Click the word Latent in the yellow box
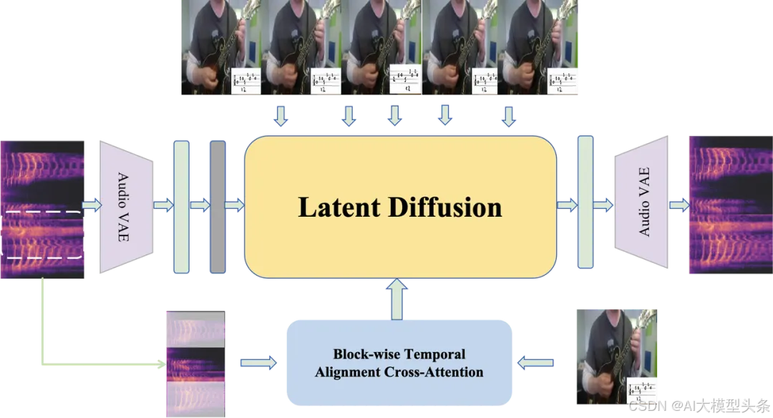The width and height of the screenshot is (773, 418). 339,208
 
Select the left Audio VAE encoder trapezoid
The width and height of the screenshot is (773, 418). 127,206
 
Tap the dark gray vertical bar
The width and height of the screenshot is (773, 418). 217,206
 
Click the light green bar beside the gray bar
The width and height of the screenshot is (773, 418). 182,206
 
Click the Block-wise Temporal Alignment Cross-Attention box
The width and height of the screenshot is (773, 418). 399,363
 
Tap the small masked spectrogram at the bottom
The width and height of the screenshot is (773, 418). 195,363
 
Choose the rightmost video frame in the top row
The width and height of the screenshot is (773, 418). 543,47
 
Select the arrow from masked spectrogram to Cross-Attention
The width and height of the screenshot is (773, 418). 258,364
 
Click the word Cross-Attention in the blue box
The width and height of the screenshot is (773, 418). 442,372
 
